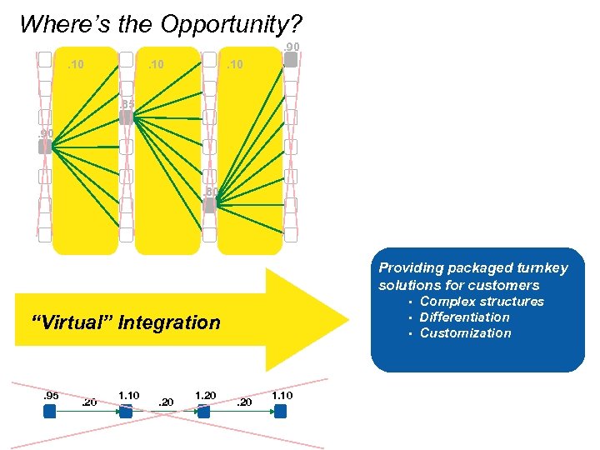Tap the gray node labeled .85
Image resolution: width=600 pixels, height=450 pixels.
[x=126, y=117]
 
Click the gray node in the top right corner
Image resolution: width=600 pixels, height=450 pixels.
[x=290, y=59]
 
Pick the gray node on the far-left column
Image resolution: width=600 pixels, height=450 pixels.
[x=44, y=147]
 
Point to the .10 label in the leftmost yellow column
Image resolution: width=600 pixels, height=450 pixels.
[x=76, y=63]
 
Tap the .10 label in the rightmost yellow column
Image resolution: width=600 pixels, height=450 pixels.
[x=236, y=63]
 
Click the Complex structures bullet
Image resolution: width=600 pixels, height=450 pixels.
[x=481, y=302]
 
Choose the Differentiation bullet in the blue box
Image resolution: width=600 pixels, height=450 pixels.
[x=464, y=317]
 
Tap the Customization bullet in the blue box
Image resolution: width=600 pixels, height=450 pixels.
[x=465, y=333]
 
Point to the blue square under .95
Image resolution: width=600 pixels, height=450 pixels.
[x=49, y=411]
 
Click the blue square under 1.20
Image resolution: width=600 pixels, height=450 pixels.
[x=203, y=411]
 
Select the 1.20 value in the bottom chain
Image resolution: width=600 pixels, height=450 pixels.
[x=204, y=395]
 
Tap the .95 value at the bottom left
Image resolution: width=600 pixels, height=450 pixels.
[x=51, y=395]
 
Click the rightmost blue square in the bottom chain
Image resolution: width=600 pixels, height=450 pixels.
[x=281, y=411]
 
